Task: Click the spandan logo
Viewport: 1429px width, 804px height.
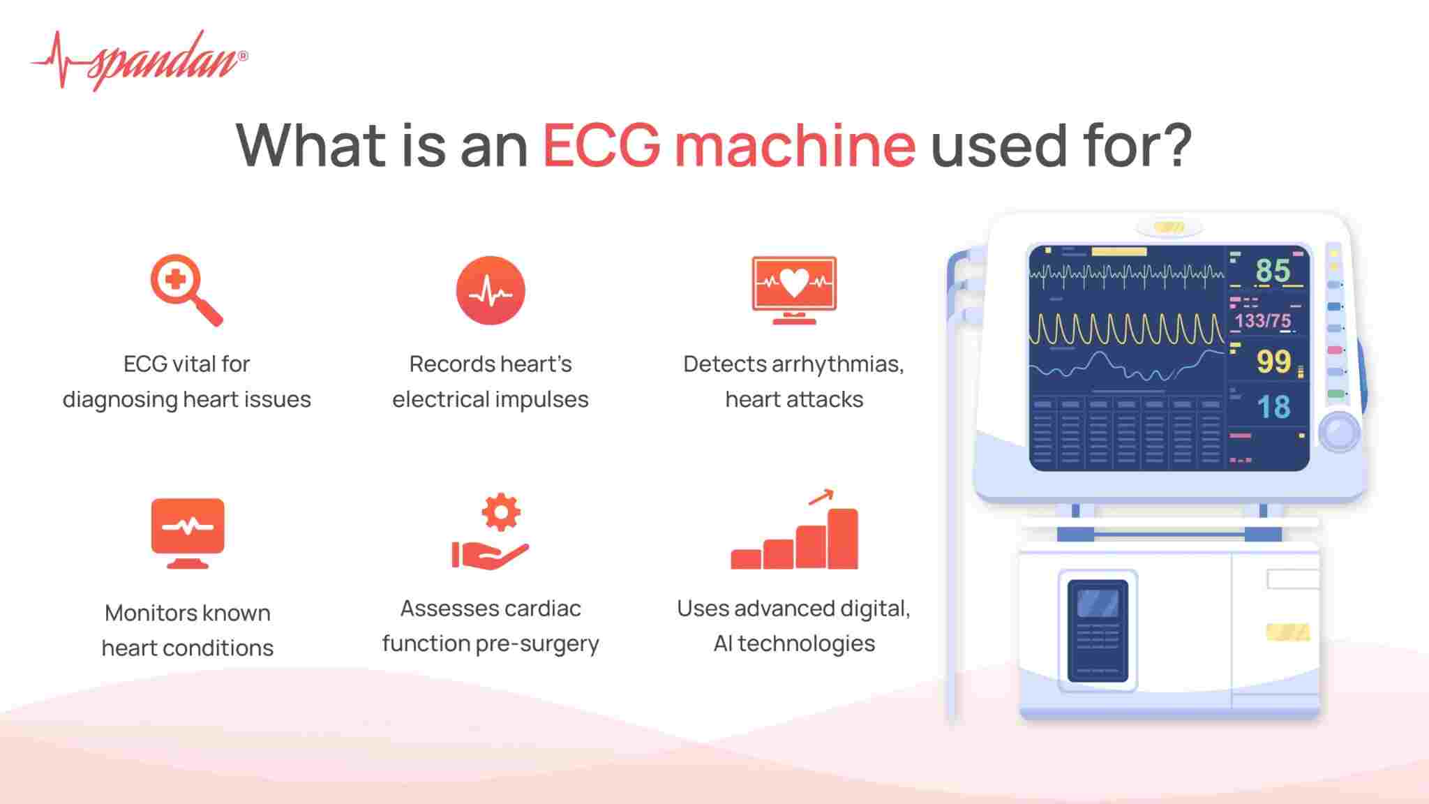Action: (x=140, y=61)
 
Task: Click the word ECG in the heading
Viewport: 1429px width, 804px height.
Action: (x=601, y=145)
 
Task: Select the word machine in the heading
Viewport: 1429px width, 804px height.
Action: (x=795, y=145)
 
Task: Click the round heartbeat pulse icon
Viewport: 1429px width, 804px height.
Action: (x=491, y=290)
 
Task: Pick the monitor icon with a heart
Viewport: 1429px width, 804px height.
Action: (x=794, y=289)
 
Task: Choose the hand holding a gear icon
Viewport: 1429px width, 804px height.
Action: (x=491, y=532)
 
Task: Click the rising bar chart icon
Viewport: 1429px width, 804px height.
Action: (x=795, y=532)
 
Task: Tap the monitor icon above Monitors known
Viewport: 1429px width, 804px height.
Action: (x=188, y=532)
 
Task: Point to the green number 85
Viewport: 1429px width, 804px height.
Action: (x=1273, y=271)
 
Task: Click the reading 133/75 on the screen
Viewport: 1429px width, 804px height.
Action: (x=1263, y=321)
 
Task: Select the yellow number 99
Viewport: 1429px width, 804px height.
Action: (x=1273, y=362)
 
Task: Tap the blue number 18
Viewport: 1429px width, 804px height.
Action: (x=1273, y=407)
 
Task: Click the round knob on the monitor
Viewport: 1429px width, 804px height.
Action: (x=1339, y=432)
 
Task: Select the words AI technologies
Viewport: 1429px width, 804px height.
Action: (x=794, y=643)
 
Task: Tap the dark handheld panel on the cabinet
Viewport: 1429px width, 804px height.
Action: (x=1098, y=630)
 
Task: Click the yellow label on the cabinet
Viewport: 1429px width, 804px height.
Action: (x=1288, y=632)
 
